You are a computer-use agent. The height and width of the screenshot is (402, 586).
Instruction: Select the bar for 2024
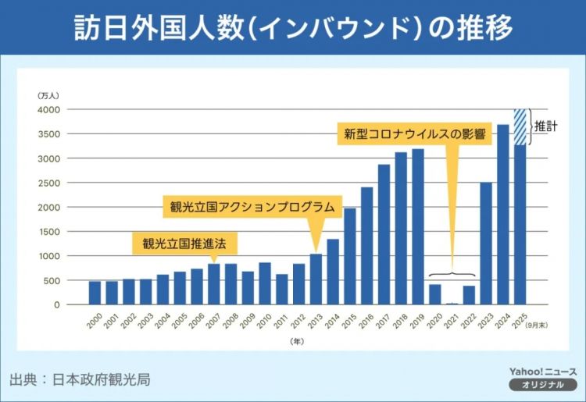coord(503,215)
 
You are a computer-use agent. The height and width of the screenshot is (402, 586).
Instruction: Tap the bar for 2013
coord(316,279)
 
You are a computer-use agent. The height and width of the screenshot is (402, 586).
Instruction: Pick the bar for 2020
coord(435,294)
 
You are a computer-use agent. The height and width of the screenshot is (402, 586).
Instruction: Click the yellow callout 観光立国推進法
coord(184,243)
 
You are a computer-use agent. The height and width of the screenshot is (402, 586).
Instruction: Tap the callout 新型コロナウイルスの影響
coord(414,133)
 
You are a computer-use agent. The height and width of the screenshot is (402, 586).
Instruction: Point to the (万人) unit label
coord(48,94)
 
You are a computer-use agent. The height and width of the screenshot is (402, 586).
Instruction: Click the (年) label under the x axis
coord(296,341)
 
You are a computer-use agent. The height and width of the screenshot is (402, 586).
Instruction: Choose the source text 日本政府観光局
coord(101,380)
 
